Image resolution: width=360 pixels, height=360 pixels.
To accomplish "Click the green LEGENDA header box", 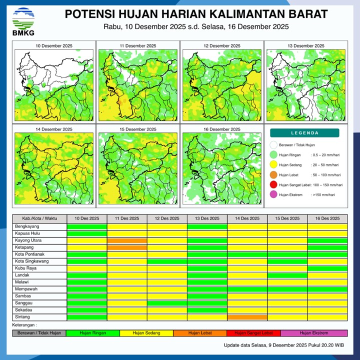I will [304, 133].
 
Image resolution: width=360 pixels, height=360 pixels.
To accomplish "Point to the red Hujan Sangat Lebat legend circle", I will [273, 185].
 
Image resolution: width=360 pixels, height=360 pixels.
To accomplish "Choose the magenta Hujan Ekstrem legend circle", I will [273, 195].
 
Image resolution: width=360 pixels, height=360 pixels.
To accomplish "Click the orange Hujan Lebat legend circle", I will [273, 175].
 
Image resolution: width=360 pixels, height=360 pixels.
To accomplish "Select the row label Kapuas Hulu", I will [28, 233].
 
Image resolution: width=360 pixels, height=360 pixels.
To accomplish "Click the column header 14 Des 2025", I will [247, 219].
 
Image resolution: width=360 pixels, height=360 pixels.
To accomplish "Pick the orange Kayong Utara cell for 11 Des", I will [127, 240].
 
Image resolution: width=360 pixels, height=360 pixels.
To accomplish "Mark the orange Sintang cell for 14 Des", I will [247, 317].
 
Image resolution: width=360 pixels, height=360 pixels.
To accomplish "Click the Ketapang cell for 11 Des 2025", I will [127, 247].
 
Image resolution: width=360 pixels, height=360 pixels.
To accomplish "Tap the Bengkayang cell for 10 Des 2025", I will [87, 226].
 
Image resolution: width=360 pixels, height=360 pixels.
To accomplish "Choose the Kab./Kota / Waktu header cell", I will [39, 219].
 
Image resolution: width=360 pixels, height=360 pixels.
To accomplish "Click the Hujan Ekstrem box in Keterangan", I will [314, 333].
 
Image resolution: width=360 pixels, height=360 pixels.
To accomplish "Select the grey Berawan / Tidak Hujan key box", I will [39, 333].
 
